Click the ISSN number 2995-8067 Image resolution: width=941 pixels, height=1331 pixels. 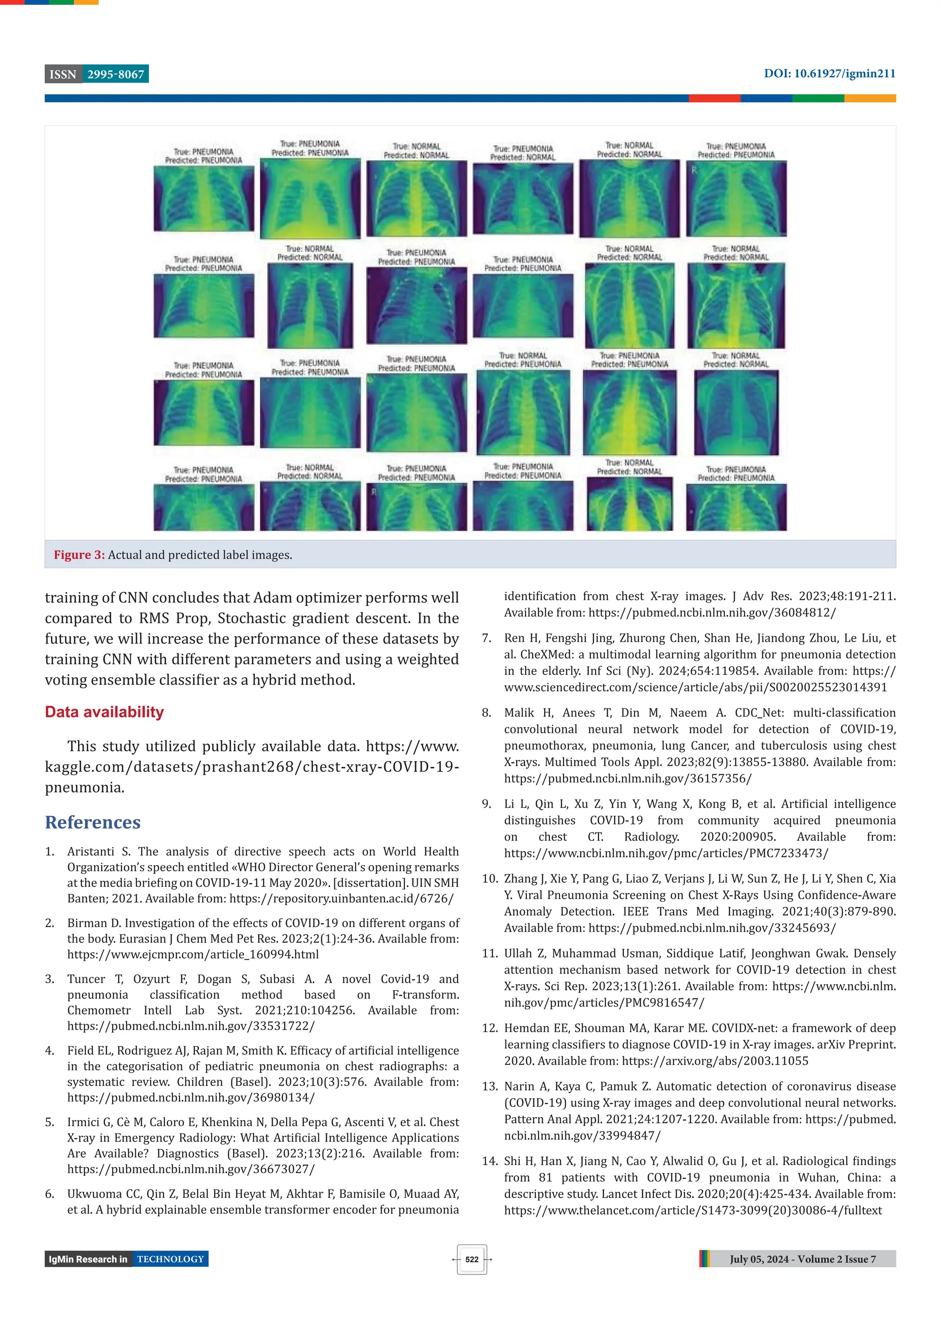[115, 74]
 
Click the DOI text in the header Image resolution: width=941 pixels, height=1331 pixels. [829, 74]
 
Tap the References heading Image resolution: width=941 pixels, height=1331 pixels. [93, 822]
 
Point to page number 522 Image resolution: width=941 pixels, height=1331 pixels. [472, 1259]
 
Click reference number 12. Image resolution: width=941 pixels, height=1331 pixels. [489, 1028]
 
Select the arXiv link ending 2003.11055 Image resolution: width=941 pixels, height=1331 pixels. [715, 1061]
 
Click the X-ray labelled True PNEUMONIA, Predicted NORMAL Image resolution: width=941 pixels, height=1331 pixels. [523, 199]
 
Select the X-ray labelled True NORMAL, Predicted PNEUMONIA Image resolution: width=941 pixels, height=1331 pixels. [523, 412]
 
